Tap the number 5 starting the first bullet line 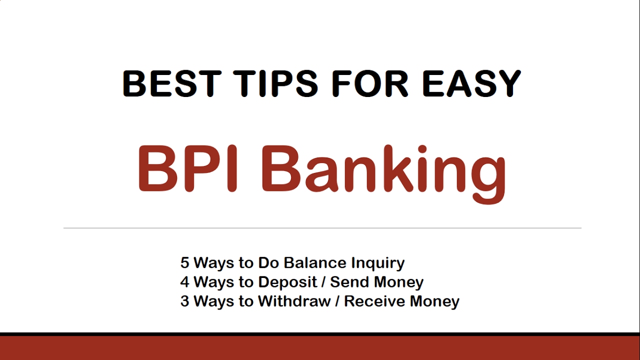point(185,263)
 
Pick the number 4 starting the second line point(185,282)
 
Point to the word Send point(347,282)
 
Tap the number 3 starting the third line point(185,301)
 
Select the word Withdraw point(294,301)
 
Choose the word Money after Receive point(434,302)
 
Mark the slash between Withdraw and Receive point(337,301)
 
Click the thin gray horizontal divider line point(322,228)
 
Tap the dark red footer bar point(320,348)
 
